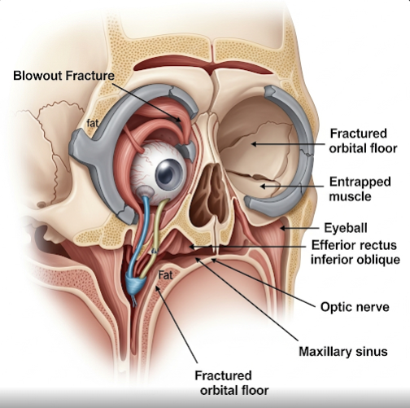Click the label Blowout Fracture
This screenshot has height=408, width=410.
(64, 76)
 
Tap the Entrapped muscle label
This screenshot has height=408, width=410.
(360, 189)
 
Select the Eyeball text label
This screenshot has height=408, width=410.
(346, 228)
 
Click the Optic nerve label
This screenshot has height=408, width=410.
(355, 307)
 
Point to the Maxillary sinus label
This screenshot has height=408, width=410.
(343, 352)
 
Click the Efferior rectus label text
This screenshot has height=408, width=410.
(354, 245)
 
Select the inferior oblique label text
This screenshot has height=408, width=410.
(355, 260)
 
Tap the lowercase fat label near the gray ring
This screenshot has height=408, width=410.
(92, 123)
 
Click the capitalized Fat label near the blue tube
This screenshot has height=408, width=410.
(165, 275)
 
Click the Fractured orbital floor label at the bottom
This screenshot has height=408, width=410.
(232, 383)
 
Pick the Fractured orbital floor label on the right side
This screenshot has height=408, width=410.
(363, 141)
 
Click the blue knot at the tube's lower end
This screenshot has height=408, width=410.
(136, 285)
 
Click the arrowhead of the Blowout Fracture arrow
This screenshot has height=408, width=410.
(178, 119)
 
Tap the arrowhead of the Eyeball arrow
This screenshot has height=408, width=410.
(282, 228)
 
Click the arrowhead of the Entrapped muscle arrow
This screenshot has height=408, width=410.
(263, 186)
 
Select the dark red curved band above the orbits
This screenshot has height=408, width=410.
(203, 65)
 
